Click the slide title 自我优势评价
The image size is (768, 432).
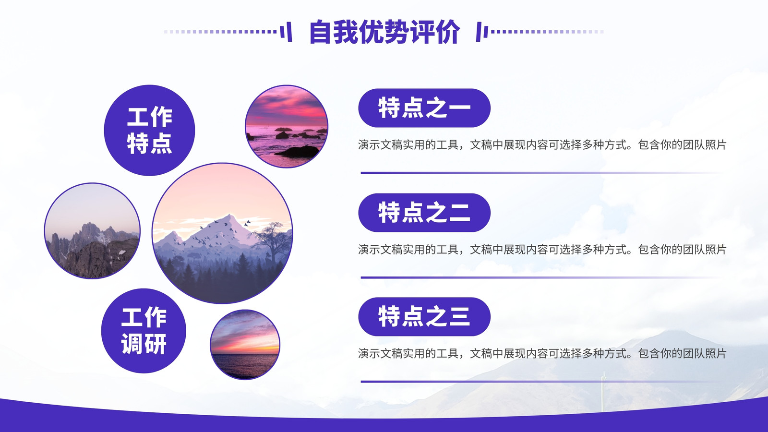coord(384,32)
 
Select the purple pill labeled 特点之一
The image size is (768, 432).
coord(424,108)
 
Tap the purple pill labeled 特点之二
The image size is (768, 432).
coord(424,213)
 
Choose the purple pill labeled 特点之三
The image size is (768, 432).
coord(424,317)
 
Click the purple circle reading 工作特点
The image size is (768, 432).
coord(149,130)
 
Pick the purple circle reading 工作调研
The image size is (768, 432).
coord(144,331)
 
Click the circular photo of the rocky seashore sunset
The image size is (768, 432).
coord(287,127)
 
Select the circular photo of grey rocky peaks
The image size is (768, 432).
coord(92,231)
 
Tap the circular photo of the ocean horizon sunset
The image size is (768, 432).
coord(245,345)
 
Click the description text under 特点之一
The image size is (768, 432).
coord(542,145)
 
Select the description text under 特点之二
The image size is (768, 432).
coord(542,250)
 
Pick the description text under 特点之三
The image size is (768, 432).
coord(542,353)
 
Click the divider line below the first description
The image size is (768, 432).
coord(543,173)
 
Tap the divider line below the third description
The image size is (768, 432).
coord(543,382)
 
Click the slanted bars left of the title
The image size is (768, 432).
coord(286,32)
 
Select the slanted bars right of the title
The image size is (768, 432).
coord(482,32)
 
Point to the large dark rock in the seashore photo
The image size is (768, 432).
coord(298,151)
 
